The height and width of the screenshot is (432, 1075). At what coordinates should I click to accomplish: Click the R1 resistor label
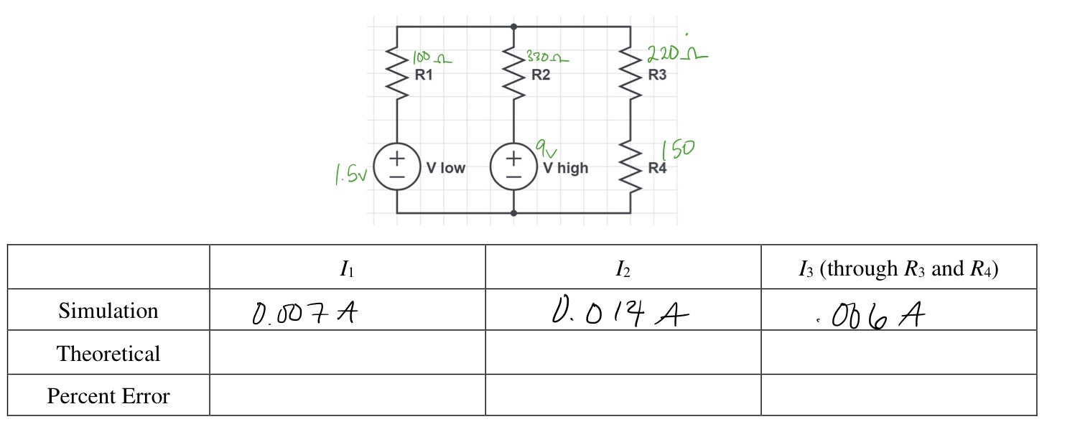pyautogui.click(x=424, y=75)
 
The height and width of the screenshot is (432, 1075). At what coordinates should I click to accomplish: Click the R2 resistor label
pyautogui.click(x=541, y=75)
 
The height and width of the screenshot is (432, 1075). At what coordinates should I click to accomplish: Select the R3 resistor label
pyautogui.click(x=657, y=75)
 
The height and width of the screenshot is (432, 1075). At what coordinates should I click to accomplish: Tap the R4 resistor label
pyautogui.click(x=657, y=168)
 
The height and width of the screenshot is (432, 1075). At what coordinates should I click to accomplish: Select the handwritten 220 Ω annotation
pyautogui.click(x=676, y=54)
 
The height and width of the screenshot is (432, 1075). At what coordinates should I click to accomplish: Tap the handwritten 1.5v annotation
pyautogui.click(x=351, y=174)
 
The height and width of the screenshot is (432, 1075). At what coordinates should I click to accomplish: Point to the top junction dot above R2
pyautogui.click(x=513, y=27)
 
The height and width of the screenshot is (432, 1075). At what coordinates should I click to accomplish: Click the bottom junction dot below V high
pyautogui.click(x=513, y=213)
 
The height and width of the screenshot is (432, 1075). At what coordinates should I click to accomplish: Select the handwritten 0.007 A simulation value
pyautogui.click(x=304, y=313)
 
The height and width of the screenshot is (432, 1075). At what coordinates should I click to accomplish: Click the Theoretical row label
pyautogui.click(x=108, y=354)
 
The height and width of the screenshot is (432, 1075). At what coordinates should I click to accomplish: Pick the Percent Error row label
pyautogui.click(x=108, y=396)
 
